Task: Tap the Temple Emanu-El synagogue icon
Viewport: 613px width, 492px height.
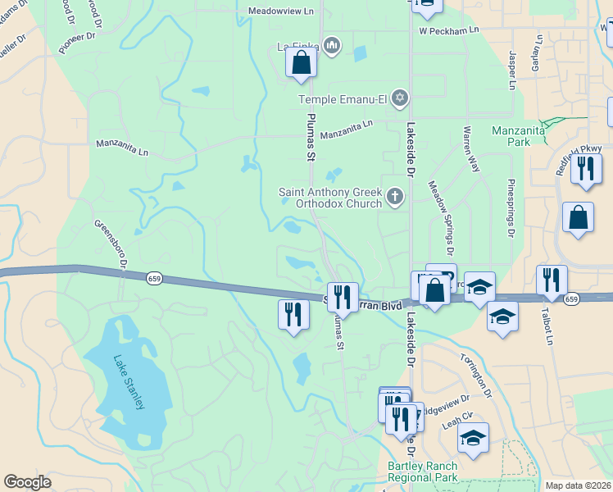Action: (399, 98)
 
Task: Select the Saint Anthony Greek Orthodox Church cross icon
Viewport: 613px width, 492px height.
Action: (395, 195)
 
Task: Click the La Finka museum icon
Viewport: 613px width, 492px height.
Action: (331, 44)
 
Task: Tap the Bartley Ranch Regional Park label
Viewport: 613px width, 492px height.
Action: (423, 471)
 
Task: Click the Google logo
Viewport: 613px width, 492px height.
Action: (27, 482)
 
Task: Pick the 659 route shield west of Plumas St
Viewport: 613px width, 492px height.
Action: (154, 279)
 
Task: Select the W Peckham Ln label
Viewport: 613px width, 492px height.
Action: (448, 30)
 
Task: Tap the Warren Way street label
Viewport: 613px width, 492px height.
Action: (471, 148)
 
